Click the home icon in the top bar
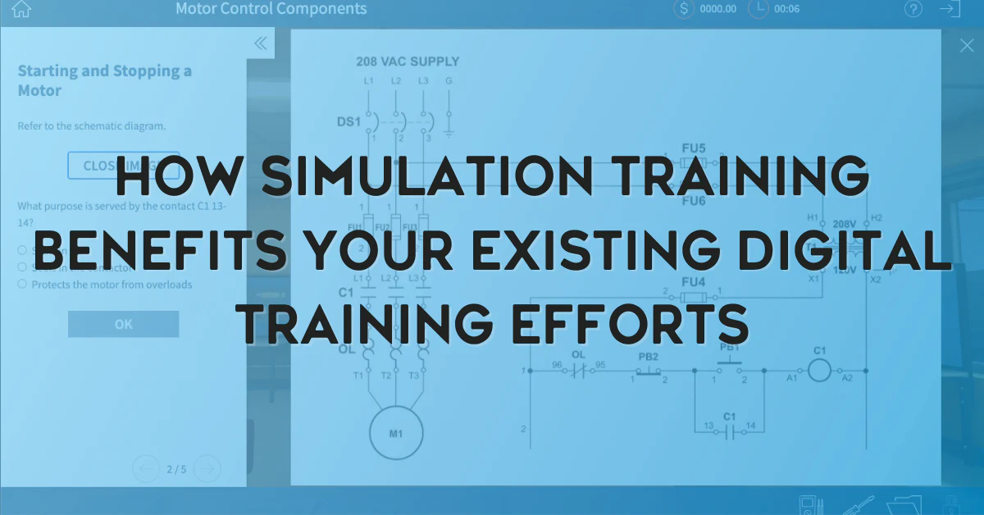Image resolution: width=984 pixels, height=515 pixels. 21,9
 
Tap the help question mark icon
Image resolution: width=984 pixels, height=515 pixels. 913,9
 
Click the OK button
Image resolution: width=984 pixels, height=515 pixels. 123,324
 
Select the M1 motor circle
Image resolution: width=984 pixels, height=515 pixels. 396,432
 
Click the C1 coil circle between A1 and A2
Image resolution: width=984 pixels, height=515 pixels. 819,371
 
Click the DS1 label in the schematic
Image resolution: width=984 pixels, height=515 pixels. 348,121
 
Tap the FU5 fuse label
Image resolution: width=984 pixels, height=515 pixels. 694,148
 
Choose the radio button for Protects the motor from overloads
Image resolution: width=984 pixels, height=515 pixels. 22,284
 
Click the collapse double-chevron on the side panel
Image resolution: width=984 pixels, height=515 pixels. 261,43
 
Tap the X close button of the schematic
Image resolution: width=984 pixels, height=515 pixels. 967,46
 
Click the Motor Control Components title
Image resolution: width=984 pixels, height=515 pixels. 271,9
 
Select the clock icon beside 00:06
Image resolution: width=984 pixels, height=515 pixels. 758,9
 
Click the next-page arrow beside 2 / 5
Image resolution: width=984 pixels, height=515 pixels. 208,469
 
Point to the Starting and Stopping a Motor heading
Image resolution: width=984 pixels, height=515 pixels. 105,80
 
